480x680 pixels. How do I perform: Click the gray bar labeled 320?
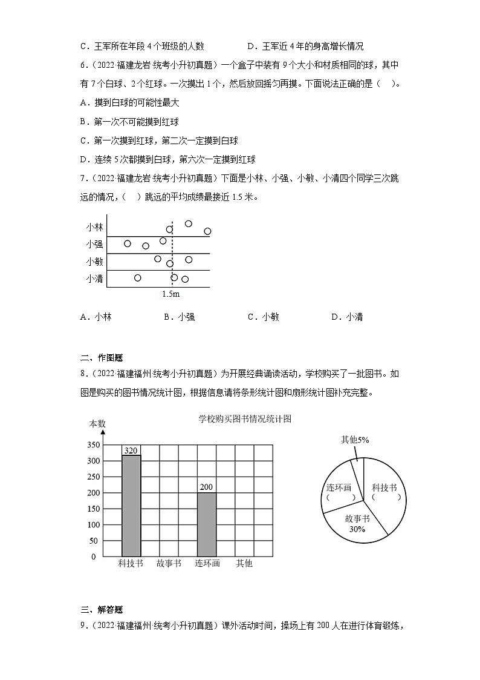tap(131, 505)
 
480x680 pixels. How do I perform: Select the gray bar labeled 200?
tap(207, 524)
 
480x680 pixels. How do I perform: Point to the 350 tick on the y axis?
tap(92, 445)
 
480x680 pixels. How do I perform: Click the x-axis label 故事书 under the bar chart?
tap(169, 564)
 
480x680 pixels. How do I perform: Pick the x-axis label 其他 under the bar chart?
tap(244, 564)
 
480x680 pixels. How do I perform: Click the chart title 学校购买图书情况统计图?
tap(245, 418)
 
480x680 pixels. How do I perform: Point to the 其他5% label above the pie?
tap(355, 440)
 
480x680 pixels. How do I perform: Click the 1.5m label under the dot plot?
tap(171, 294)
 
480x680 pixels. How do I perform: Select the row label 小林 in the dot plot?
tap(95, 228)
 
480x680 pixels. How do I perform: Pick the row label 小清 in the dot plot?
tap(95, 279)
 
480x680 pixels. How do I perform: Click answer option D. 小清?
tap(347, 317)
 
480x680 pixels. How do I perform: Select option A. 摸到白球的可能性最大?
tap(129, 104)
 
